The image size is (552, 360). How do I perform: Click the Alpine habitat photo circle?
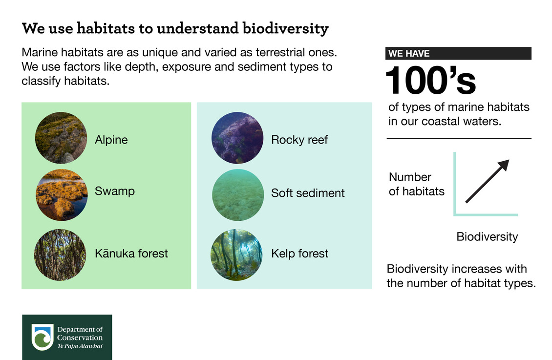pyautogui.click(x=61, y=138)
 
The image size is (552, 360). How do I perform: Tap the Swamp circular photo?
pyautogui.click(x=61, y=195)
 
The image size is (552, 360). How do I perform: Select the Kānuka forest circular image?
pyautogui.click(x=60, y=254)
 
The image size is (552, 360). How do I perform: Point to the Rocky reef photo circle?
pyautogui.click(x=237, y=138)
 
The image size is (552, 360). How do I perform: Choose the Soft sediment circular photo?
pyautogui.click(x=237, y=195)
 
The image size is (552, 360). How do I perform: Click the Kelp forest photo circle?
pyautogui.click(x=236, y=254)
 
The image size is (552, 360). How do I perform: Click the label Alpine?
pyautogui.click(x=111, y=140)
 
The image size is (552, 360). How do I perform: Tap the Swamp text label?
pyautogui.click(x=115, y=191)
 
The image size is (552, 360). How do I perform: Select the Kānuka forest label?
pyautogui.click(x=131, y=254)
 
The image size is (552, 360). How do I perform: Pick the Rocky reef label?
pyautogui.click(x=299, y=140)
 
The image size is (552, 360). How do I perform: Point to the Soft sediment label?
pyautogui.click(x=308, y=193)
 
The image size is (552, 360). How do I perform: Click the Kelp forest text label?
pyautogui.click(x=299, y=254)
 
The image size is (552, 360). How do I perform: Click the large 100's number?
pyautogui.click(x=430, y=81)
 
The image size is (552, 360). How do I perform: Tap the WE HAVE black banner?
pyautogui.click(x=459, y=53)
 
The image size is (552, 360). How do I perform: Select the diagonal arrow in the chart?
pyautogui.click(x=487, y=181)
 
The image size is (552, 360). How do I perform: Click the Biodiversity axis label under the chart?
pyautogui.click(x=487, y=237)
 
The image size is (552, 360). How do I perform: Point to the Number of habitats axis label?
pyautogui.click(x=417, y=184)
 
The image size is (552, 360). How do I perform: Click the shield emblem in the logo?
pyautogui.click(x=42, y=337)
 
